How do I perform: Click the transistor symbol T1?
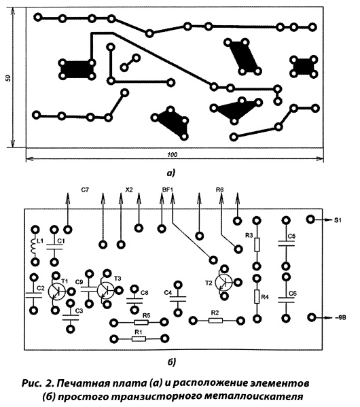tap(56, 291)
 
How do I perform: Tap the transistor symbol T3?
tap(105, 290)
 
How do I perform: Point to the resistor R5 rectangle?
tap(141, 323)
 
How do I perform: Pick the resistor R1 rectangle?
tap(139, 339)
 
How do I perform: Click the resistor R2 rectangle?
tap(216, 321)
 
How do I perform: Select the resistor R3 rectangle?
tap(257, 245)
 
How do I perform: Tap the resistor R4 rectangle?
tap(257, 296)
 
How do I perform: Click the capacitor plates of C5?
tap(286, 243)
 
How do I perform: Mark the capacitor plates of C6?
tap(286, 300)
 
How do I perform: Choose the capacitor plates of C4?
tap(178, 298)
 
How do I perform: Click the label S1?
tap(338, 220)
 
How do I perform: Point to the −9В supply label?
tap(340, 317)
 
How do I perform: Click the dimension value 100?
tap(172, 155)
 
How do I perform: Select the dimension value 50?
tap(8, 78)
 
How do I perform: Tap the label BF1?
tap(167, 190)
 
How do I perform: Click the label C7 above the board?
tap(85, 190)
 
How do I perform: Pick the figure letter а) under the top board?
tap(171, 173)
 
